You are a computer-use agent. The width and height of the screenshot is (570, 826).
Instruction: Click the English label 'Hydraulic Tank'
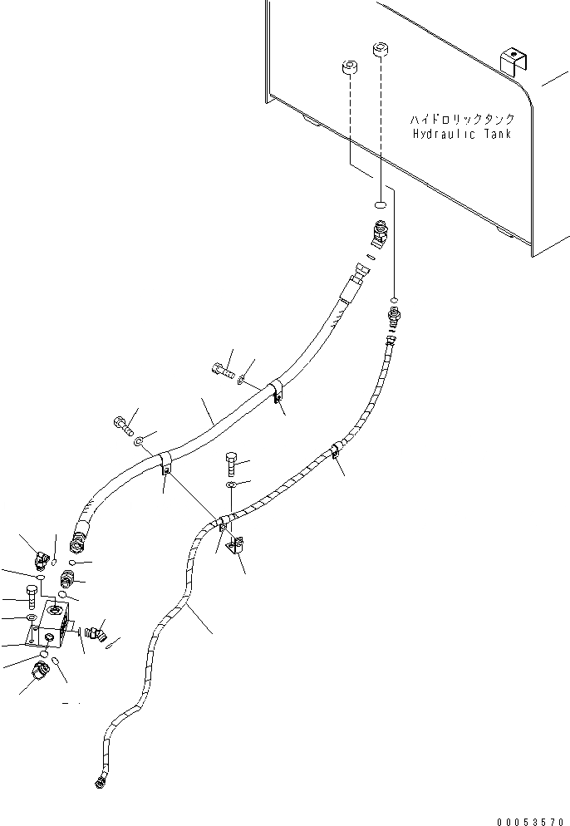[461, 134]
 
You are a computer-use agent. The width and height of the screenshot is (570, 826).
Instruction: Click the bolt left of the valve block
[32, 595]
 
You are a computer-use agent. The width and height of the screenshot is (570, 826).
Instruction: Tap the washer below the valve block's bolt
[31, 619]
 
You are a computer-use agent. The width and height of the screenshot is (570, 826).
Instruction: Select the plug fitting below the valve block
[39, 670]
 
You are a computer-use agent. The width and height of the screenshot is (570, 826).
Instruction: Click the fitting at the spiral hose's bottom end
[100, 779]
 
